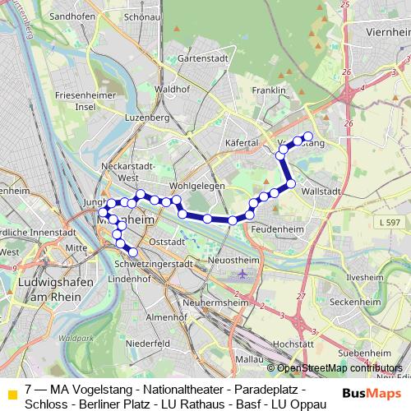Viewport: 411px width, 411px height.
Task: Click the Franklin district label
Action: click(270, 90)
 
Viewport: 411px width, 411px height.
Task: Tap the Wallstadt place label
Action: click(321, 190)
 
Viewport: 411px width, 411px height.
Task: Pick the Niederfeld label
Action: click(149, 343)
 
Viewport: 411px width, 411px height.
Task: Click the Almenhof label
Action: click(161, 316)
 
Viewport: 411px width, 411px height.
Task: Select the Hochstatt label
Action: click(294, 344)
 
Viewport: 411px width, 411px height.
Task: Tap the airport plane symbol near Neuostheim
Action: click(242, 274)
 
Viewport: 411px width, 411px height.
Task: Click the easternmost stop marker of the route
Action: click(308, 136)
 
